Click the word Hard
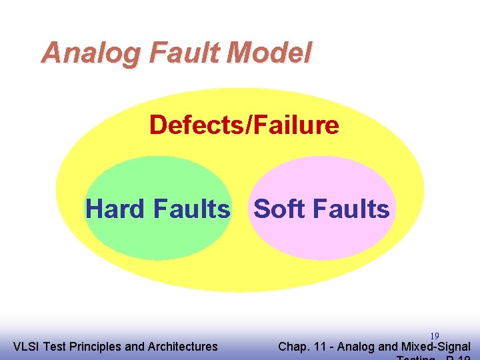click(x=116, y=209)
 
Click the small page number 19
click(x=435, y=336)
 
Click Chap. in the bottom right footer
click(x=292, y=347)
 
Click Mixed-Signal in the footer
click(x=436, y=347)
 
